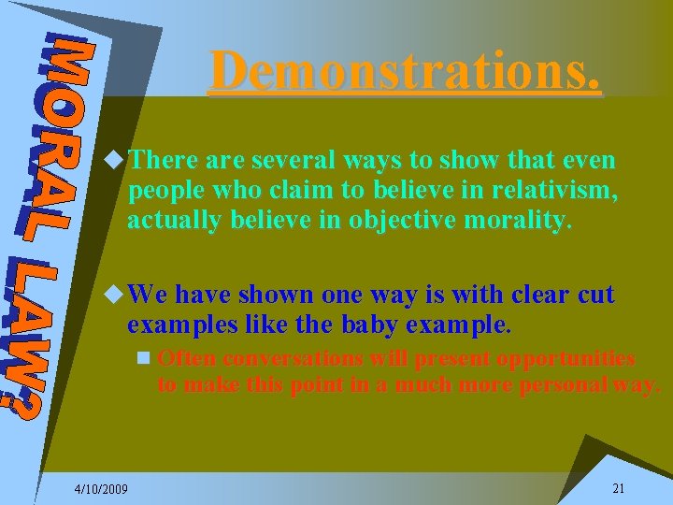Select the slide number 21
(x=618, y=489)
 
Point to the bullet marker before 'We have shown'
(x=116, y=296)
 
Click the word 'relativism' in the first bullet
(x=560, y=193)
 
